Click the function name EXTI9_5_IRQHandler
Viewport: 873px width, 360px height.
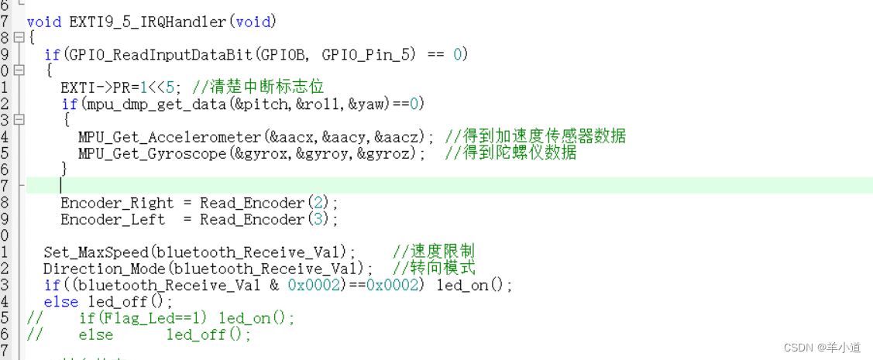click(x=146, y=21)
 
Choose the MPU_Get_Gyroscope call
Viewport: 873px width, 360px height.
click(x=151, y=153)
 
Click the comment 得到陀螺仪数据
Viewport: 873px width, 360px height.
click(x=519, y=153)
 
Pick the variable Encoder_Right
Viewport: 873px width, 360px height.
click(x=117, y=203)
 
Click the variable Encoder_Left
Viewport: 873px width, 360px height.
click(x=112, y=220)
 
